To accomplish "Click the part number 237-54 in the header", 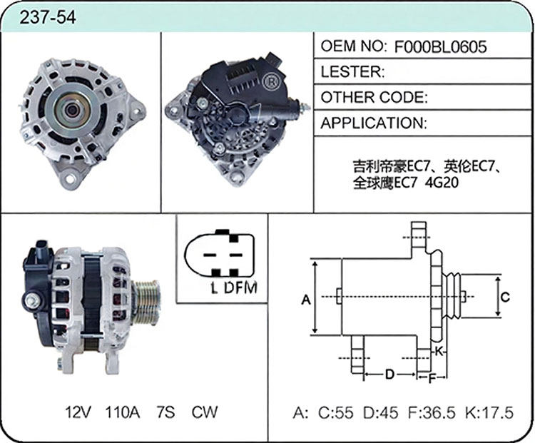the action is point(48,17).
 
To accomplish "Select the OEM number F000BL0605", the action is point(441,47).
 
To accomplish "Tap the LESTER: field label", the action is point(353,71).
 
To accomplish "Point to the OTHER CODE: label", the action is point(374,97).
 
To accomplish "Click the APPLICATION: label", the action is point(374,123).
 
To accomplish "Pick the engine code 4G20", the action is point(442,183).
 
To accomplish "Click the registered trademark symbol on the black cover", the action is point(271,81).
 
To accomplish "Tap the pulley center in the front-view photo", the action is point(72,110).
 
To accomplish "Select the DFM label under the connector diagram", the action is point(241,287).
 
